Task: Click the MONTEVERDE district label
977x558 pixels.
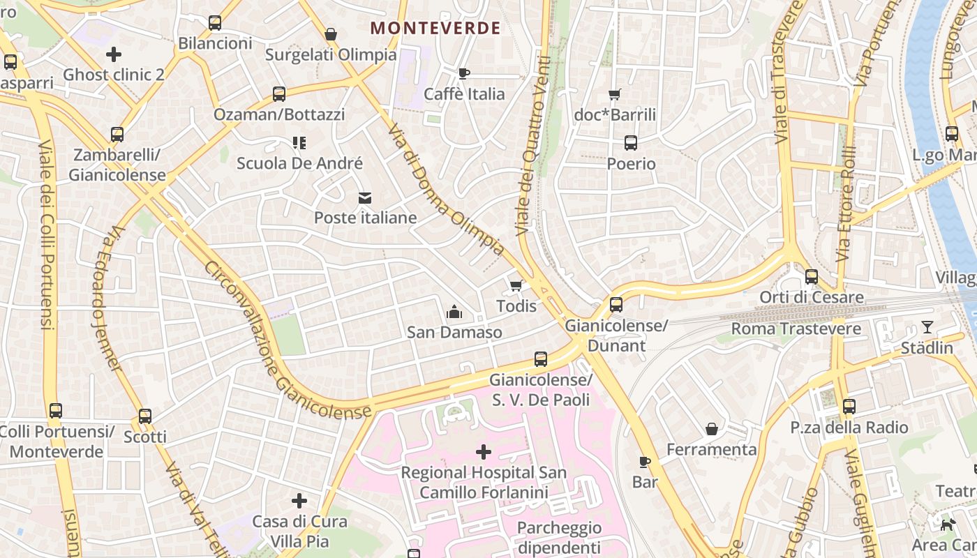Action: [435, 28]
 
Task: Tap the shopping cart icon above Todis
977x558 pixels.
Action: [516, 285]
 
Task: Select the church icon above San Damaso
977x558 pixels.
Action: [454, 311]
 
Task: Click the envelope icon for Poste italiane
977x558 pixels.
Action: [365, 198]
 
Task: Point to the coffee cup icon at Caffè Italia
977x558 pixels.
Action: [464, 73]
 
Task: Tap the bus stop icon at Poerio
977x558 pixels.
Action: [631, 143]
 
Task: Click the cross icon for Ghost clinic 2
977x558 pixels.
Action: [114, 54]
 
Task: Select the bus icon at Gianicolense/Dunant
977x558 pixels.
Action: [616, 305]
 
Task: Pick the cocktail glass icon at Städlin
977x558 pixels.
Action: [927, 327]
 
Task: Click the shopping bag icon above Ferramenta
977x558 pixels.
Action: [712, 428]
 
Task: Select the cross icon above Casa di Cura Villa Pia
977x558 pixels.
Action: [299, 501]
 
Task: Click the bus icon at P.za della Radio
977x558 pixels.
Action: [849, 407]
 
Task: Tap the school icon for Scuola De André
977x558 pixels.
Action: [299, 143]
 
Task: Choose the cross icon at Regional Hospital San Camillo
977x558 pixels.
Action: [484, 452]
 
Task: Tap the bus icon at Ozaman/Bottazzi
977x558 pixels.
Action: [279, 94]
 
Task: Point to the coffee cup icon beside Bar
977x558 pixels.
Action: [645, 462]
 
